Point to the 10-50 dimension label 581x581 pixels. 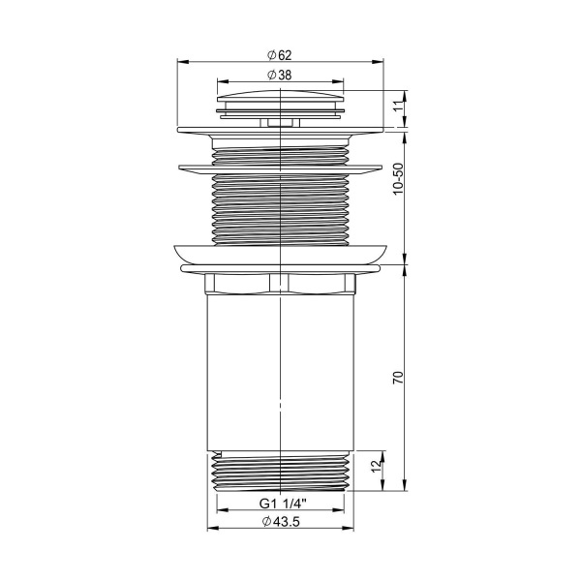[x=397, y=180]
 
